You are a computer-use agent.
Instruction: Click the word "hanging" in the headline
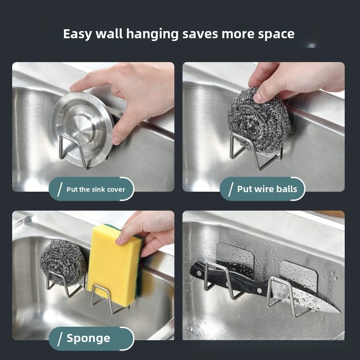coord(152,34)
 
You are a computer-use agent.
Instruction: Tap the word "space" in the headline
coord(276,35)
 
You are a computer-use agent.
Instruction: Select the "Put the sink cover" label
coord(96,189)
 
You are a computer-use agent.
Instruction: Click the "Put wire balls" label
coord(267,189)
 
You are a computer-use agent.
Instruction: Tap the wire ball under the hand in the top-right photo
coord(259,121)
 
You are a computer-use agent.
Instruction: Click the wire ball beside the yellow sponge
coord(63,262)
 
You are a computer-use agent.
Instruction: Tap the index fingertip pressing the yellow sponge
coord(119,241)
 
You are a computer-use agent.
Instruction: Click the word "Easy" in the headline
coord(77,34)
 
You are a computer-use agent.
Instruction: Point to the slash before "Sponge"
coord(60,339)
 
